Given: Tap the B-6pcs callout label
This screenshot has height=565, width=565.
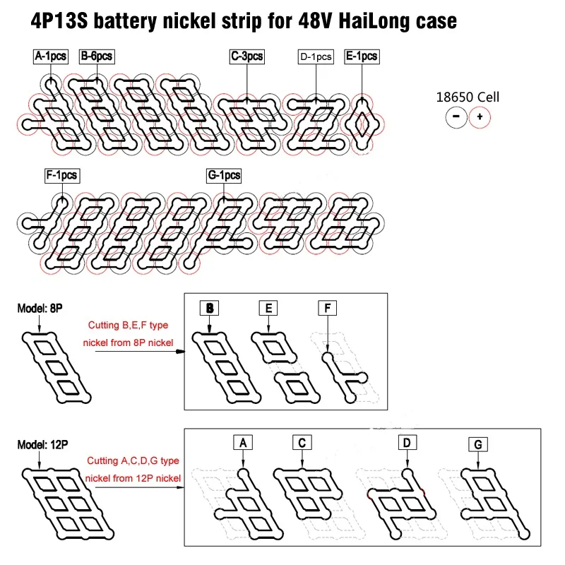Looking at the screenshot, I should tap(97, 56).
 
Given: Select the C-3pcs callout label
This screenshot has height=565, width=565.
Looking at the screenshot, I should tap(247, 56).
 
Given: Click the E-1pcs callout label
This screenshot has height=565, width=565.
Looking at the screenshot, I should tap(361, 56).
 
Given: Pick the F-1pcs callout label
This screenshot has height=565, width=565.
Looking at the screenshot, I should tap(61, 174).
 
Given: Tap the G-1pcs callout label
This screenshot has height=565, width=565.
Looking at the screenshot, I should tap(224, 174).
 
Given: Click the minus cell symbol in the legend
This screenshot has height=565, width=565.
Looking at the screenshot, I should tap(456, 117).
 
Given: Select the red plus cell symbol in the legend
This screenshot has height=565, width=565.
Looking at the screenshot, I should tap(480, 117).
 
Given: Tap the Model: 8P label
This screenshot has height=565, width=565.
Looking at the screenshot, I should tap(42, 308).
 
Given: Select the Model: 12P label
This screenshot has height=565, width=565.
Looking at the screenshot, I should tap(44, 444).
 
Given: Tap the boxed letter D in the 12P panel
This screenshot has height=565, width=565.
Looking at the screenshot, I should tap(407, 443).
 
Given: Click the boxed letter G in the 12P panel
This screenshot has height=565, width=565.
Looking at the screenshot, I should tap(478, 444).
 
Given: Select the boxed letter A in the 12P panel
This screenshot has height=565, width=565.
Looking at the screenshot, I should tap(242, 443).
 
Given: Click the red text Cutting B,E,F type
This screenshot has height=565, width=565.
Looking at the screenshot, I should tap(127, 326).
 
